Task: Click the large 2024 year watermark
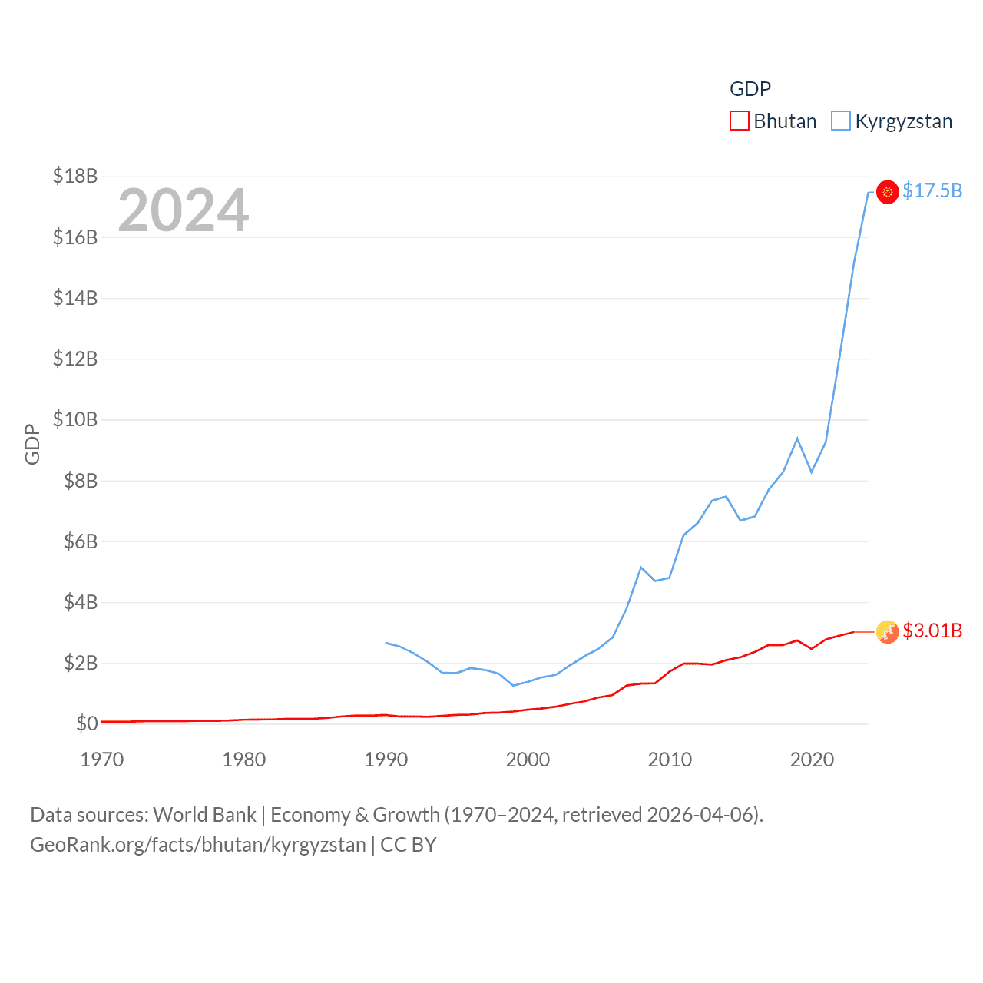pyautogui.click(x=183, y=210)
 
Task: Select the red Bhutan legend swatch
pyautogui.click(x=739, y=121)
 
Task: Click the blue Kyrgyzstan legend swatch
pyautogui.click(x=841, y=121)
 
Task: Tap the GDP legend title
pyautogui.click(x=750, y=89)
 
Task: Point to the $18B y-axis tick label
pyautogui.click(x=75, y=176)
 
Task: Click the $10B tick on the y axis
pyautogui.click(x=75, y=419)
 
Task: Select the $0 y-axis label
pyautogui.click(x=87, y=723)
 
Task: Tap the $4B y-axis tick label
pyautogui.click(x=81, y=601)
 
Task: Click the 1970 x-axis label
pyautogui.click(x=102, y=760)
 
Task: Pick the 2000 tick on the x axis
pyautogui.click(x=528, y=760)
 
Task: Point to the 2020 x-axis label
pyautogui.click(x=812, y=760)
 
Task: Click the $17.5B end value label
pyautogui.click(x=932, y=190)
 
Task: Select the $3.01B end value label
pyautogui.click(x=932, y=631)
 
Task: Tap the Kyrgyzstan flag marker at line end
pyautogui.click(x=887, y=192)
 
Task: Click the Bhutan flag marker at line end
pyautogui.click(x=887, y=632)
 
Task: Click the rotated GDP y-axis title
pyautogui.click(x=32, y=444)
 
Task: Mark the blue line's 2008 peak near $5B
pyautogui.click(x=640, y=568)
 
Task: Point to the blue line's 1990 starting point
pyautogui.click(x=386, y=643)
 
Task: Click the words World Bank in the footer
pyautogui.click(x=204, y=814)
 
